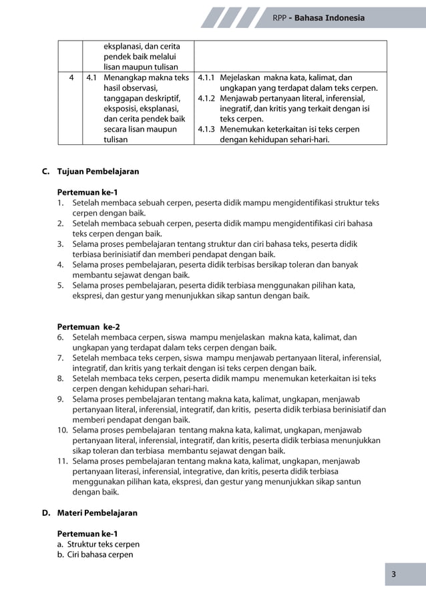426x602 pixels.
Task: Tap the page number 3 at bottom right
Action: [403, 574]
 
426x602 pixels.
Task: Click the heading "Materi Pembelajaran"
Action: [97, 513]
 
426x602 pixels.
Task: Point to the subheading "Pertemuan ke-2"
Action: [89, 327]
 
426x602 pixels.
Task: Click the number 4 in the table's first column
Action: [70, 77]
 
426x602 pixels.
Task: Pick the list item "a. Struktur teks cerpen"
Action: [98, 545]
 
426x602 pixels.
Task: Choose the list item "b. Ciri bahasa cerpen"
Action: [95, 555]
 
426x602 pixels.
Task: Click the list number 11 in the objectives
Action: [62, 461]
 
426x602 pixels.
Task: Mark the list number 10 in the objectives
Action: [62, 430]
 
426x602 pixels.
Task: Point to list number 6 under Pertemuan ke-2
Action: [60, 337]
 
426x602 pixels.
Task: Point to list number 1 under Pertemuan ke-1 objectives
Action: [60, 202]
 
